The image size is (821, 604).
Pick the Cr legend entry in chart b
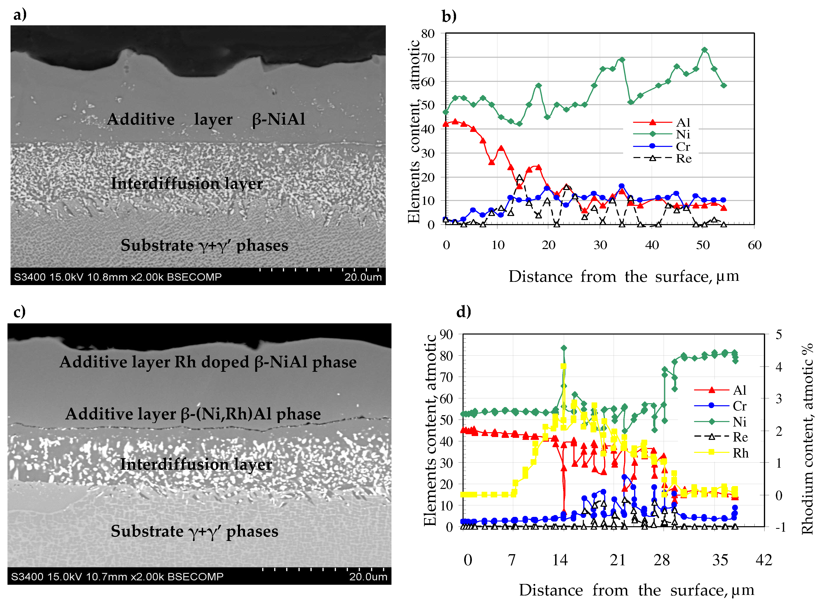point(682,147)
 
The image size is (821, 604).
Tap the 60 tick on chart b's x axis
point(754,245)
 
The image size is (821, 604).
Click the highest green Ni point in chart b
point(704,50)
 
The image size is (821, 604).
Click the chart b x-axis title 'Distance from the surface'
point(623,276)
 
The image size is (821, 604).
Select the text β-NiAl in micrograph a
point(278,119)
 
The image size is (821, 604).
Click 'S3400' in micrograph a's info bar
point(30,277)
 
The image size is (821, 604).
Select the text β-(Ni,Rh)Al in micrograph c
point(217,414)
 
